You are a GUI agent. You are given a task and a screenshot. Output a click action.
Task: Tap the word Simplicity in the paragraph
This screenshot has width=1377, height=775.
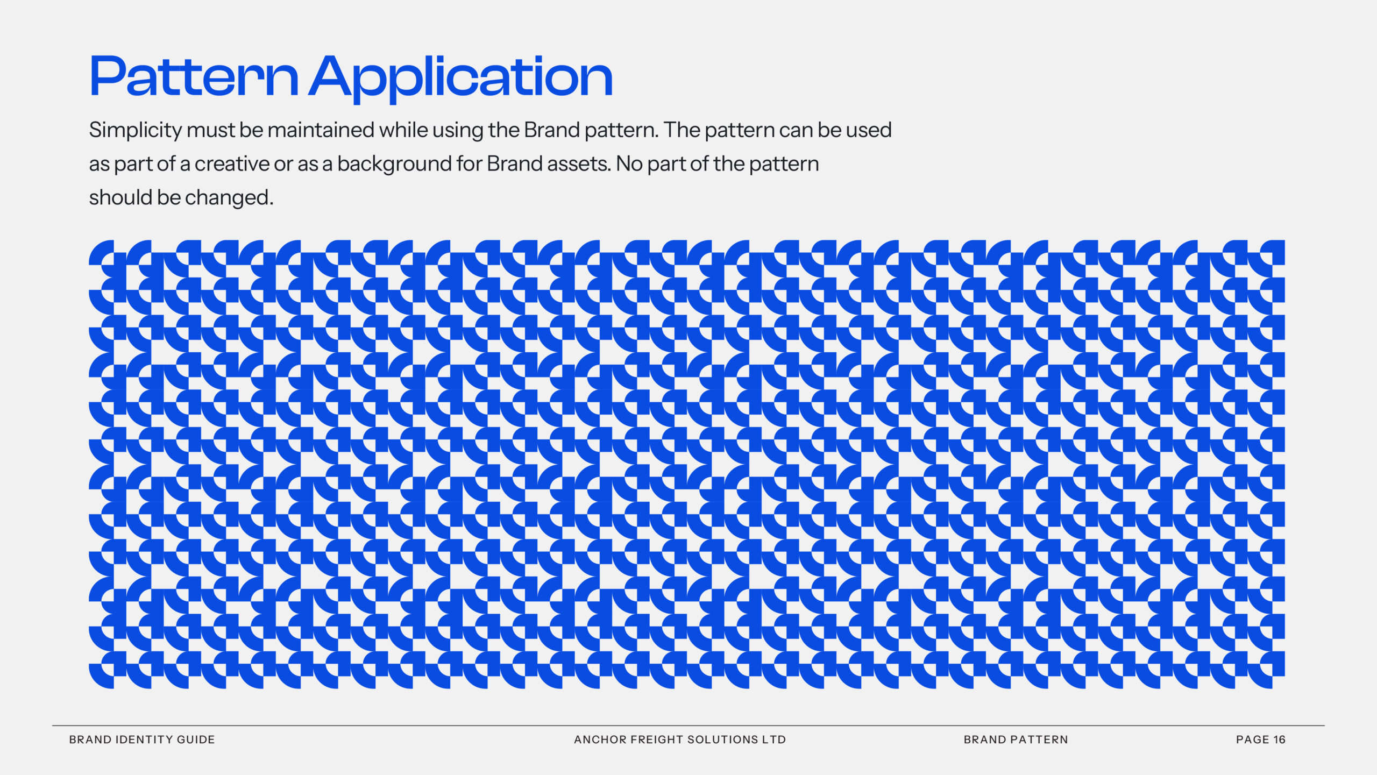(136, 131)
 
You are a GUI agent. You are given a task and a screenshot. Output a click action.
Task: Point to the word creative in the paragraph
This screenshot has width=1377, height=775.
(231, 164)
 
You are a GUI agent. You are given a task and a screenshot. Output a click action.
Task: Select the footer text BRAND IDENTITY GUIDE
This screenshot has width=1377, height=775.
(142, 740)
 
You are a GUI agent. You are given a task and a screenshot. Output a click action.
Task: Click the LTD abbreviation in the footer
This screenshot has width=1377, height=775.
(774, 740)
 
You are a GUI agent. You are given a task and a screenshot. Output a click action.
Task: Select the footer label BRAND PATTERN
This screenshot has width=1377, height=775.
(1016, 740)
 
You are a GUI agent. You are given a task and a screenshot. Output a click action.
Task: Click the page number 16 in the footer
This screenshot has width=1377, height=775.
(1279, 740)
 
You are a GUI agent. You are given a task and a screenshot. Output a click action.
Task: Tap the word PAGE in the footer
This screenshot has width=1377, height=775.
(1252, 740)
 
